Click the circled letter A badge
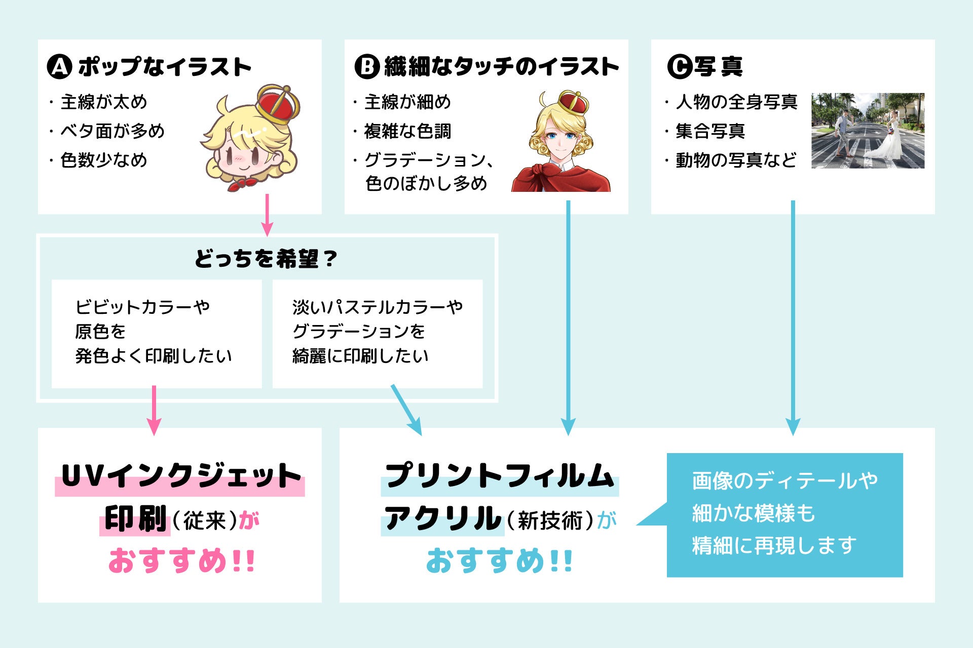click(59, 66)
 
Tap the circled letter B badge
click(366, 66)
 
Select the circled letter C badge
click(679, 66)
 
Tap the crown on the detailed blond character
click(573, 102)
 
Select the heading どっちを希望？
click(266, 259)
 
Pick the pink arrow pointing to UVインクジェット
click(154, 410)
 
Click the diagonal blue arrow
click(406, 410)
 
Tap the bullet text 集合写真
click(710, 131)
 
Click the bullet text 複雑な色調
click(407, 131)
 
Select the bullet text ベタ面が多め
click(113, 131)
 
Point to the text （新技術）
click(550, 520)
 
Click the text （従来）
click(204, 520)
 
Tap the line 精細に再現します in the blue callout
click(774, 546)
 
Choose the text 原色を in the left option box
click(100, 332)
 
